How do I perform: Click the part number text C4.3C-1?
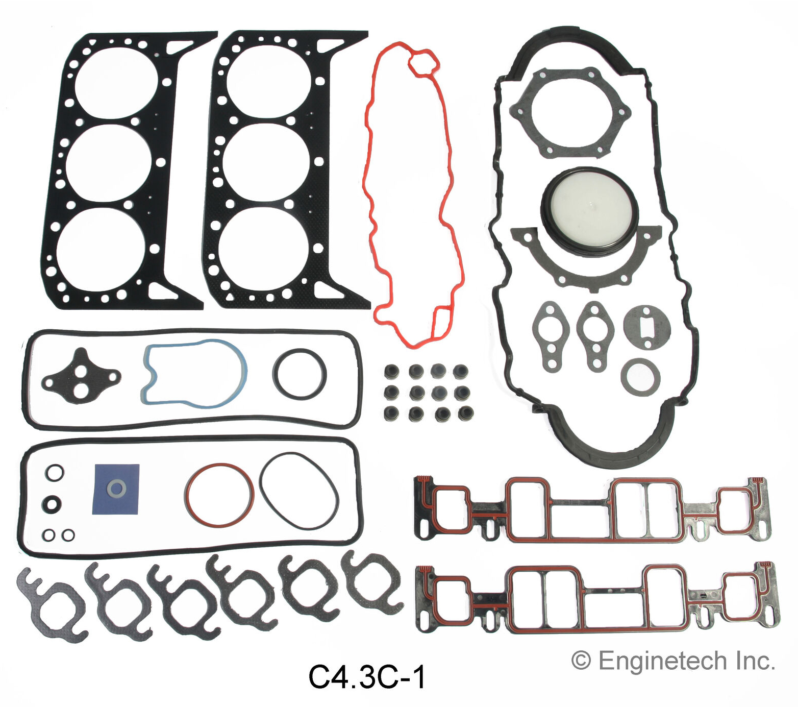(x=367, y=677)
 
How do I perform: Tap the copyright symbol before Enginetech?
(x=581, y=661)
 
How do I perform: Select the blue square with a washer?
(x=116, y=489)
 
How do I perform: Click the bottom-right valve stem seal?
(x=465, y=412)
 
